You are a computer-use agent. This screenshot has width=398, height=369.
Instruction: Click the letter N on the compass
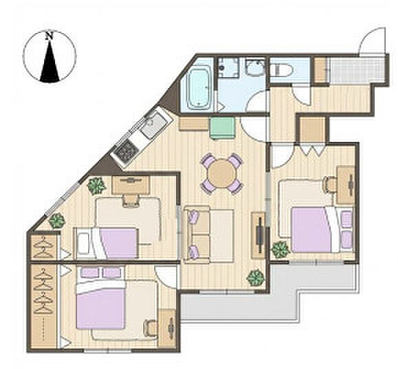coord(50,35)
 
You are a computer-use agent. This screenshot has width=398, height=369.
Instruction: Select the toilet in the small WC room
coord(281,70)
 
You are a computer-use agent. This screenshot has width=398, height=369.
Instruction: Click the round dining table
coord(222,173)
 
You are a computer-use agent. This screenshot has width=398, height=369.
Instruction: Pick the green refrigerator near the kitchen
coord(222,127)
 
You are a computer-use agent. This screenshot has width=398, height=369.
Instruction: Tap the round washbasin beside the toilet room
coord(255,67)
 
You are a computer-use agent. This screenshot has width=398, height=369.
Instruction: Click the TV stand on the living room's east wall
coord(258,235)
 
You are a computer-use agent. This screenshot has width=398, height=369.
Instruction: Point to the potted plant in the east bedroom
coord(280,250)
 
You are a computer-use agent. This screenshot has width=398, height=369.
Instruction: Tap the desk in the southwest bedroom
coord(167,328)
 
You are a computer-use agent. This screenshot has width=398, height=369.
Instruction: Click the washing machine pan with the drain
coord(229,67)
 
